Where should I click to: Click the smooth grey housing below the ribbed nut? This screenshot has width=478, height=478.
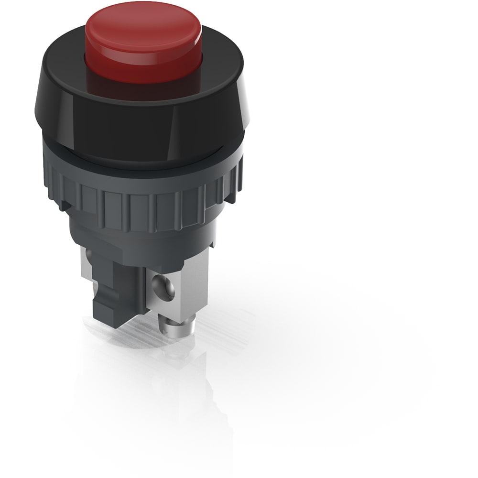click(x=143, y=239)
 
